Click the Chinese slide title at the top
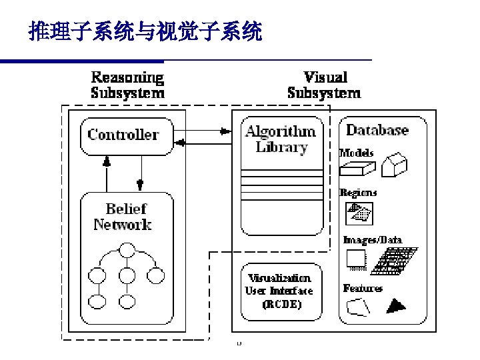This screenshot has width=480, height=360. click(145, 31)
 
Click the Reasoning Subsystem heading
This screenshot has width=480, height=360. click(127, 85)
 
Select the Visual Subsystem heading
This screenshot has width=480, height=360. click(324, 85)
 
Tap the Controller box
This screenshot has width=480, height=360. click(125, 135)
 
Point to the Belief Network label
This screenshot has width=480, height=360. click(124, 217)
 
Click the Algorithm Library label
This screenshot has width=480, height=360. click(281, 139)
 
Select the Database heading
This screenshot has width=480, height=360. click(377, 130)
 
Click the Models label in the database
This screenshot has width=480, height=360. click(357, 153)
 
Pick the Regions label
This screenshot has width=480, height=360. click(359, 193)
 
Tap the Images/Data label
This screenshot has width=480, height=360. click(373, 240)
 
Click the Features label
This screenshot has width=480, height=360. click(363, 288)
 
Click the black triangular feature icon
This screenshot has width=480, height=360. click(396, 306)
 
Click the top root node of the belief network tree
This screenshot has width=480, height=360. click(126, 251)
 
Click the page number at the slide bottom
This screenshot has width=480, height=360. click(238, 343)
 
